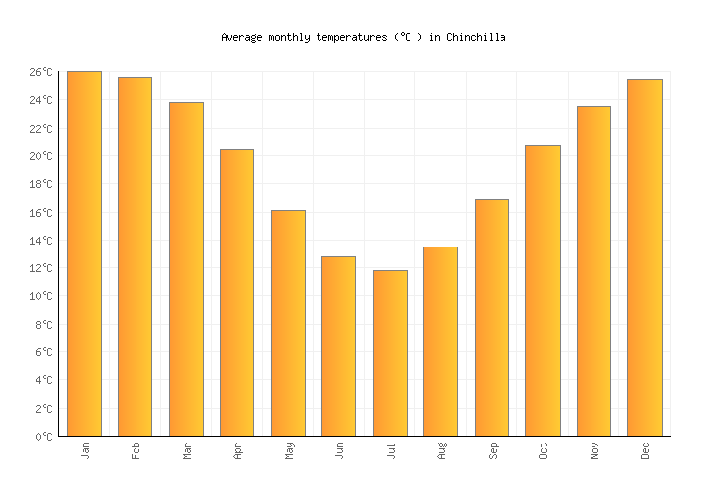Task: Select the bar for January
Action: pyautogui.click(x=84, y=253)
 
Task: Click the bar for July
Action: pyautogui.click(x=390, y=352)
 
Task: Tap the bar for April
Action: pyautogui.click(x=236, y=292)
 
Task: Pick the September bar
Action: pyautogui.click(x=492, y=317)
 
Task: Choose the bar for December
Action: pyautogui.click(x=645, y=257)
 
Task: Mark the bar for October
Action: pyautogui.click(x=543, y=290)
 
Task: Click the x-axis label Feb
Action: pyautogui.click(x=136, y=450)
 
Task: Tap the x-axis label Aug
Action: pyautogui.click(x=441, y=450)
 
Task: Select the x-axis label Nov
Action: pyautogui.click(x=594, y=450)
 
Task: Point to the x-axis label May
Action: pyautogui.click(x=289, y=450)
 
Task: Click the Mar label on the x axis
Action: pyautogui.click(x=187, y=450)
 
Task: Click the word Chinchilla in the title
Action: pyautogui.click(x=476, y=37)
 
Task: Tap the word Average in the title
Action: pyautogui.click(x=241, y=37)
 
